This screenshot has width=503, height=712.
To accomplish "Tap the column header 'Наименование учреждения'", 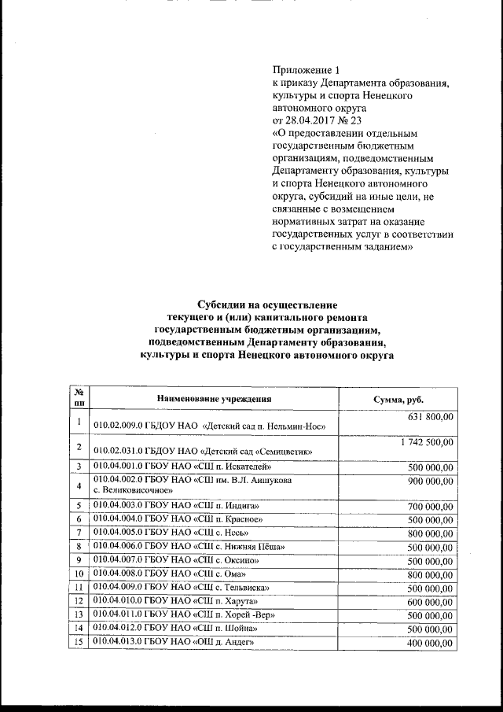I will [x=214, y=399].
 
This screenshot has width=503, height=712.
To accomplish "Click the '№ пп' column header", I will [x=79, y=397].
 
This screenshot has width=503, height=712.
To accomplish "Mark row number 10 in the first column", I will [x=79, y=574].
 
